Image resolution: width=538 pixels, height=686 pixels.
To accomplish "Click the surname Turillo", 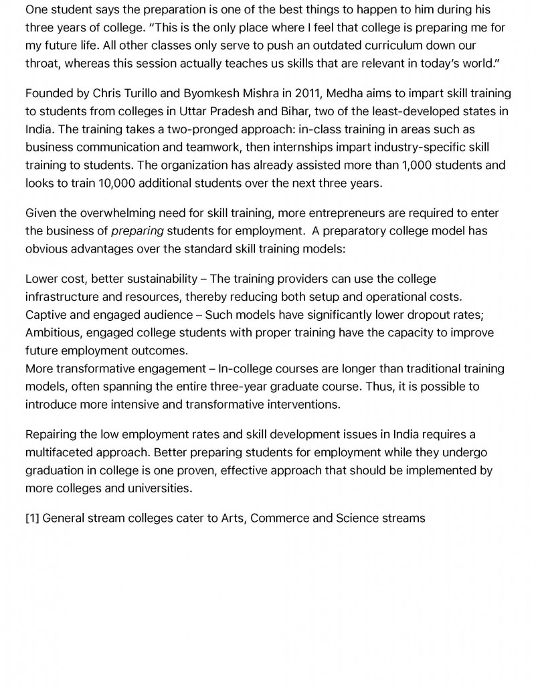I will (143, 93).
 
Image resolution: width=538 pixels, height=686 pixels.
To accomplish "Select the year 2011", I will (306, 93).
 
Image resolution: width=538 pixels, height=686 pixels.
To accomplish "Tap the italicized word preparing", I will (137, 230).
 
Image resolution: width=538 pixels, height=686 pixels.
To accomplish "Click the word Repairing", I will (52, 435).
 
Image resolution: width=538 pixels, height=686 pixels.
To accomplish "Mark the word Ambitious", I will (52, 332).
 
